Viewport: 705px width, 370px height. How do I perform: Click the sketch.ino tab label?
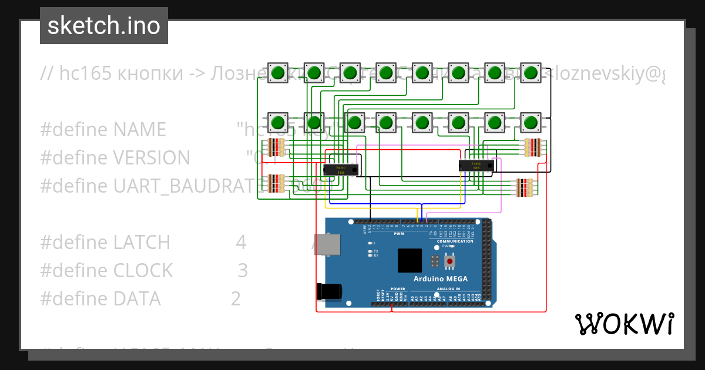[104, 26]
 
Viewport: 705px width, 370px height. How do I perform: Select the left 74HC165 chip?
[340, 170]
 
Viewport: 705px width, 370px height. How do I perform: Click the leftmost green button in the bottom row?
[278, 123]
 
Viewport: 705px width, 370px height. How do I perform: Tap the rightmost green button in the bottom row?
[531, 123]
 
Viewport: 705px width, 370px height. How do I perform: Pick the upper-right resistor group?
[532, 147]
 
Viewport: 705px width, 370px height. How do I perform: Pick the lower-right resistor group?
[524, 187]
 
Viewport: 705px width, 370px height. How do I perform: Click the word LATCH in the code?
[142, 242]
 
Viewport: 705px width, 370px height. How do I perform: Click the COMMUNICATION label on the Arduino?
[455, 241]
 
